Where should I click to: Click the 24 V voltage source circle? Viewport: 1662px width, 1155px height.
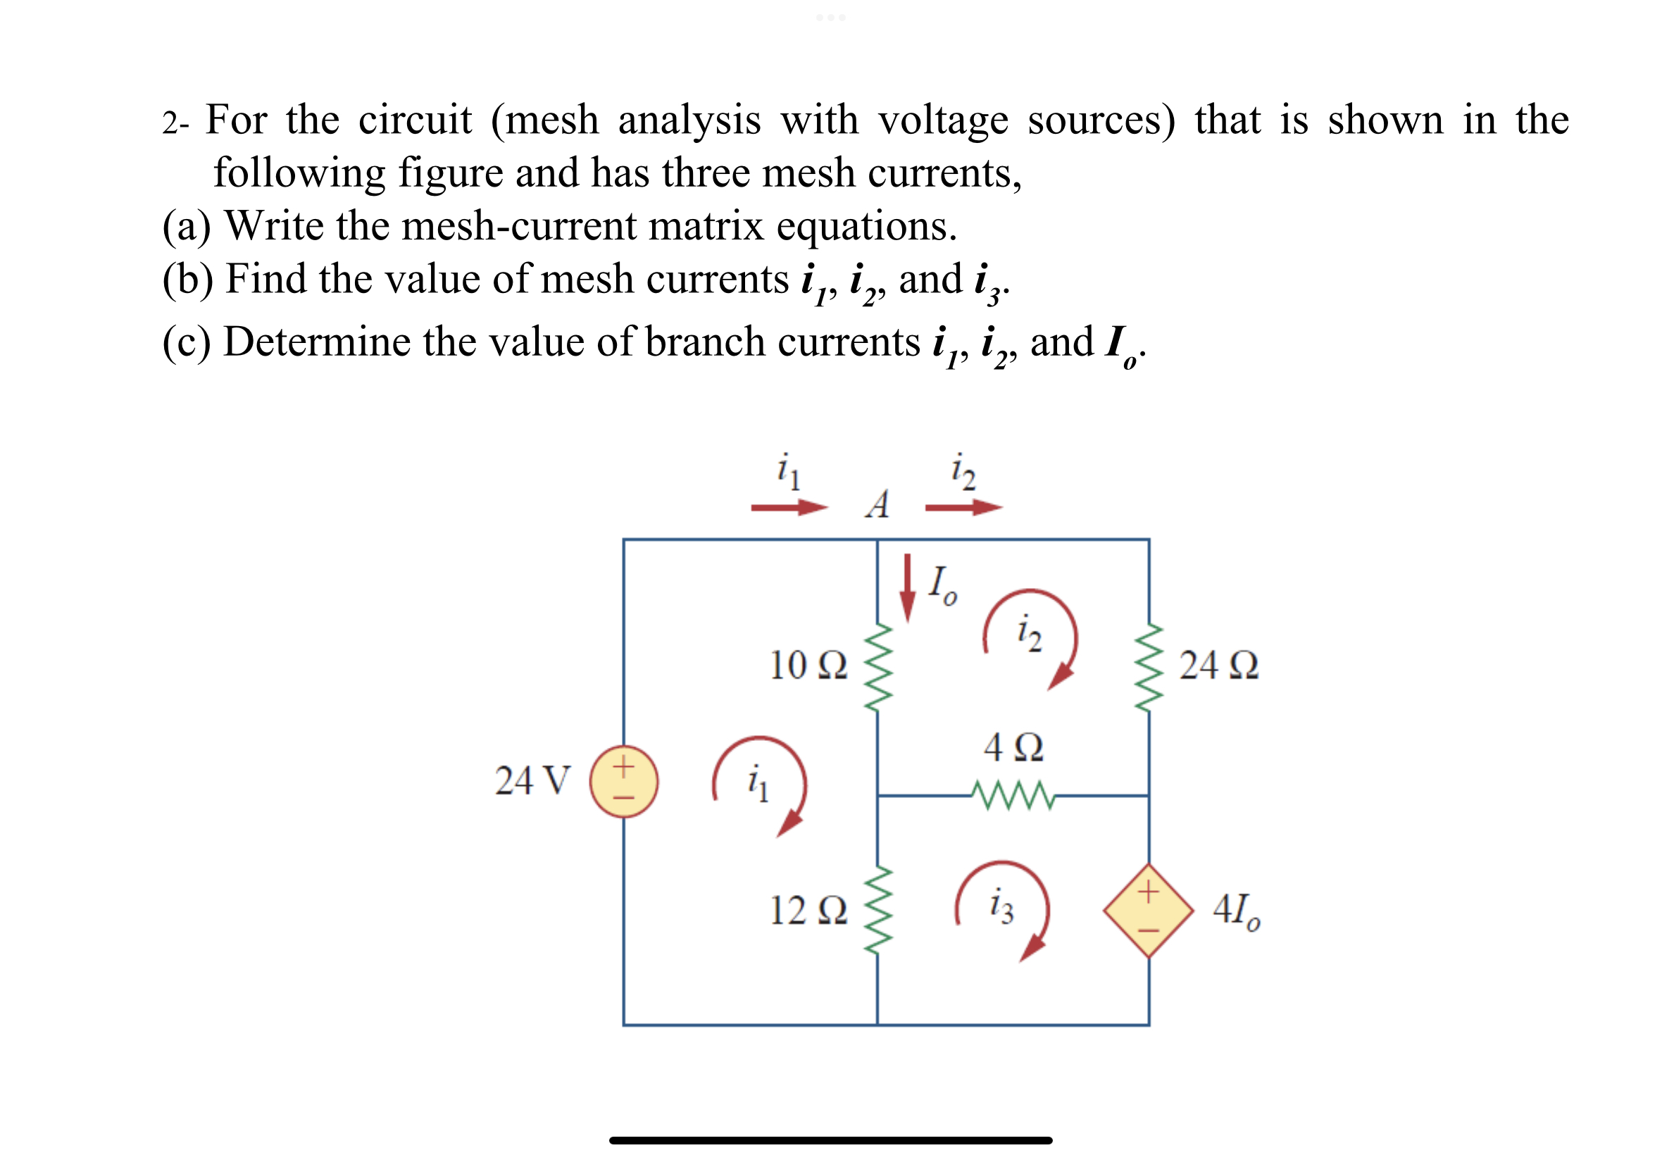click(x=624, y=781)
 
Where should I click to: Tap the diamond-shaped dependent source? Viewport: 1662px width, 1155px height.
click(x=1147, y=910)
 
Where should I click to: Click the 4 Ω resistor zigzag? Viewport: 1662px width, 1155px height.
click(x=1013, y=794)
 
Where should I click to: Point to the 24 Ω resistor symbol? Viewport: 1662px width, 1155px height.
click(x=1149, y=666)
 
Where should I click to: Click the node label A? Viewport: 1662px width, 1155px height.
click(x=877, y=504)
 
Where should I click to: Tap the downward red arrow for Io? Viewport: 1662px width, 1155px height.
click(x=906, y=587)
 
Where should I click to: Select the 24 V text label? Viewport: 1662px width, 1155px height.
click(x=532, y=781)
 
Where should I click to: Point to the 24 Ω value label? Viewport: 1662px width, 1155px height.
click(x=1218, y=665)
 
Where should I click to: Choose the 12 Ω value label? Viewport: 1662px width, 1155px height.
click(x=808, y=910)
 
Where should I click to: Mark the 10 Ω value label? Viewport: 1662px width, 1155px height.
click(x=808, y=665)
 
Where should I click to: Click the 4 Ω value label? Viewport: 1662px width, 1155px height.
click(x=1013, y=747)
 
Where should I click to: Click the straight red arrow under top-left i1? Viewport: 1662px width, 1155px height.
click(x=789, y=507)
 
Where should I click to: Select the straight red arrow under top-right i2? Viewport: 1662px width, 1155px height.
click(x=963, y=507)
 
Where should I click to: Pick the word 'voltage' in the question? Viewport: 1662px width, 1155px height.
click(x=943, y=120)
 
